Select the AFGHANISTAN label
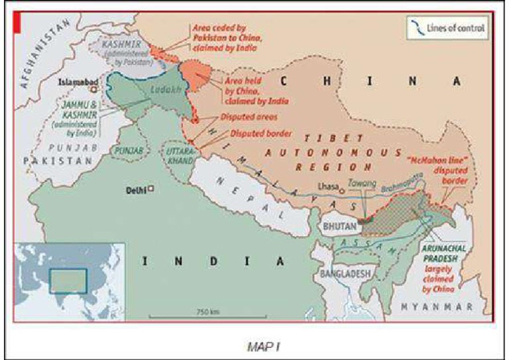(x=44, y=54)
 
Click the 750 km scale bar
(x=204, y=316)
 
